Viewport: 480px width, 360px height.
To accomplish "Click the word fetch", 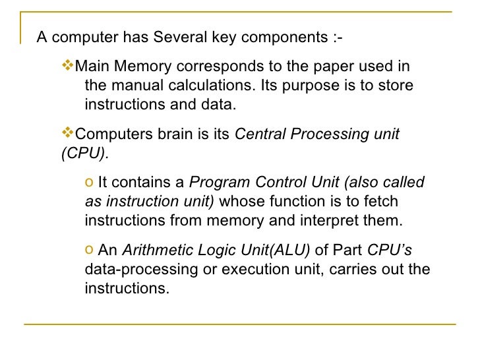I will [x=381, y=202].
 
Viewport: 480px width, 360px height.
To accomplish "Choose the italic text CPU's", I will [x=389, y=251].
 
